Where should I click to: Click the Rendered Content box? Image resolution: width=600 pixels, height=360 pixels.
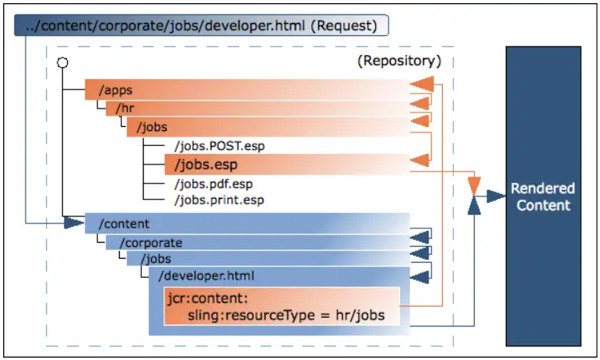coord(543,197)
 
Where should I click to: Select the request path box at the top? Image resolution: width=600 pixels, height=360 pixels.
coord(201,26)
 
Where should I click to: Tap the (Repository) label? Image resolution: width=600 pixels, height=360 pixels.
coord(399,61)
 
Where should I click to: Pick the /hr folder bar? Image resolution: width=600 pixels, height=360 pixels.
coord(255,109)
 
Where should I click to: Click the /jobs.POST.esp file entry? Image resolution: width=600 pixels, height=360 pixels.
coord(218,146)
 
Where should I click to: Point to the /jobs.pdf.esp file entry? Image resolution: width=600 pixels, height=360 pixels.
coord(213,184)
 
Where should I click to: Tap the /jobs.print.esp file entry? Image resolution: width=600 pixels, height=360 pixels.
coord(218,200)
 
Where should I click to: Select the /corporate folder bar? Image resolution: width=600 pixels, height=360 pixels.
coord(255,242)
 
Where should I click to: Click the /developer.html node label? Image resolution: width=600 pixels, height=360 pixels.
coord(206,276)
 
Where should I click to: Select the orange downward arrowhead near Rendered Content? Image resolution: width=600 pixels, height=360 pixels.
coord(475,187)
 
